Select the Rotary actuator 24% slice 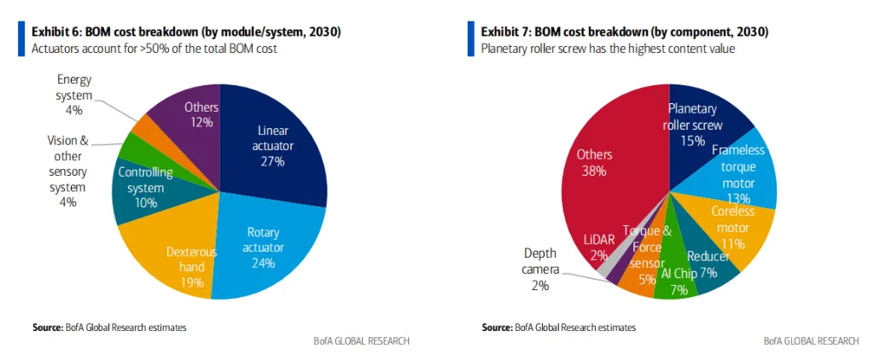pyautogui.click(x=265, y=247)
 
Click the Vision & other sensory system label pyautogui.click(x=67, y=171)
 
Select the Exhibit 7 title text pyautogui.click(x=624, y=32)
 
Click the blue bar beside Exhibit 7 pyautogui.click(x=470, y=39)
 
